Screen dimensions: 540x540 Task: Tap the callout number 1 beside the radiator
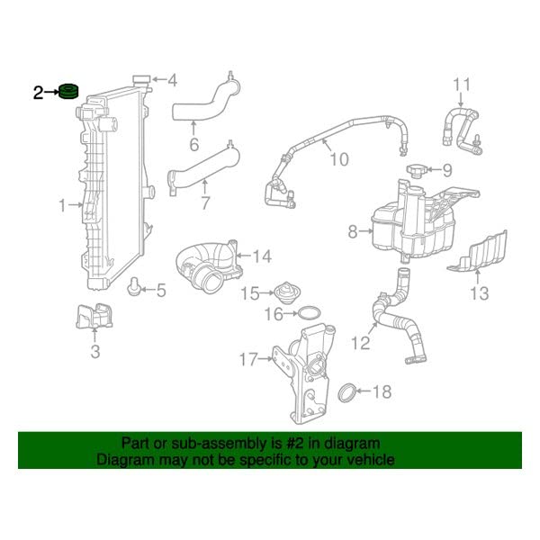(63, 206)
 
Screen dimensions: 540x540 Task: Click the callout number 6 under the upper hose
(193, 145)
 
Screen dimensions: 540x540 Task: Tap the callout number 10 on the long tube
(337, 159)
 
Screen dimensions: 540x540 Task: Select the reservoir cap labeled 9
(416, 170)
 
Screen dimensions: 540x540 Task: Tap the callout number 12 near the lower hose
(360, 342)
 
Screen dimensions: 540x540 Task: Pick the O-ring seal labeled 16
(308, 314)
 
